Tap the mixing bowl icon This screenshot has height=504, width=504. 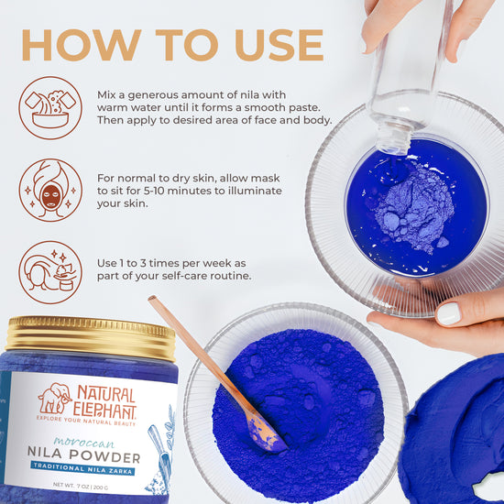click(50, 107)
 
